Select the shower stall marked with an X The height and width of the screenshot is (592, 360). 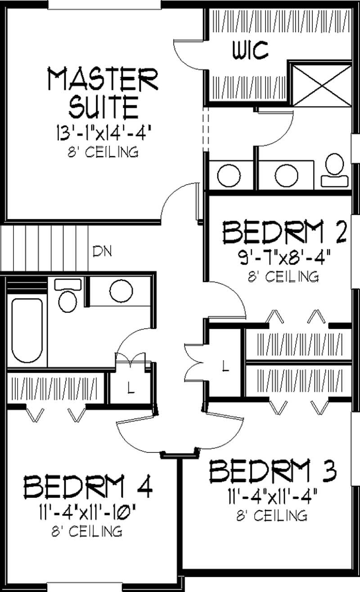[320, 85]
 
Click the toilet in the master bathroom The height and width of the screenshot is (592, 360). [334, 170]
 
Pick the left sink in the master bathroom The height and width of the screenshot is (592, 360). [225, 176]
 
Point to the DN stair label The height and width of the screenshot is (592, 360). [102, 251]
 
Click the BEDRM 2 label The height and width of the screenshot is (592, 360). [284, 233]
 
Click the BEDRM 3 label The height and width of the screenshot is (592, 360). [273, 471]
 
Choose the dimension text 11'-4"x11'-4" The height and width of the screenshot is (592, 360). [272, 498]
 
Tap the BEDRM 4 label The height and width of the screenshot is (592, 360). [88, 487]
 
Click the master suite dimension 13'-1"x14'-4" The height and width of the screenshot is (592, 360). [103, 133]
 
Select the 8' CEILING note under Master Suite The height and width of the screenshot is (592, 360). [103, 152]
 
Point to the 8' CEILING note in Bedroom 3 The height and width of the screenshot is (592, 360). [272, 515]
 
